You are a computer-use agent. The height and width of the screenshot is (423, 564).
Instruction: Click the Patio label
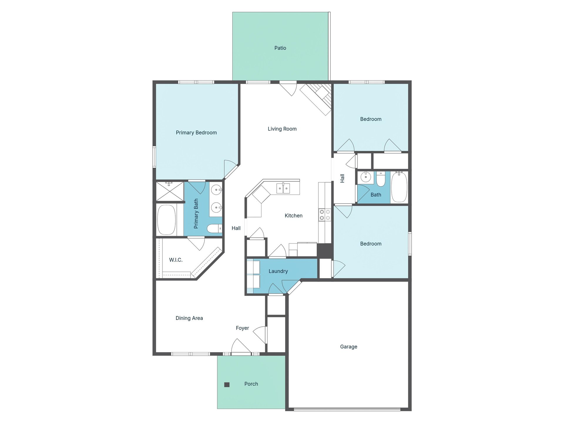coord(280,48)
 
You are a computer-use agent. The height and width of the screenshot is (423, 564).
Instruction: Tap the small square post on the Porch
coord(227,385)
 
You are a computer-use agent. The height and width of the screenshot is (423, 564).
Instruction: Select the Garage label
coord(348,347)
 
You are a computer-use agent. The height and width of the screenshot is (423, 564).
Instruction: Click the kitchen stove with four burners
coord(325,214)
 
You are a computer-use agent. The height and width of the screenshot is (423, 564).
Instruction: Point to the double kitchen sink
coord(283,188)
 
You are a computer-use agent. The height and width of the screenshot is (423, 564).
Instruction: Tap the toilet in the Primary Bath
coord(214,228)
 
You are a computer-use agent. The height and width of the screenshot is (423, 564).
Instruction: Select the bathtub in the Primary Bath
coord(167,219)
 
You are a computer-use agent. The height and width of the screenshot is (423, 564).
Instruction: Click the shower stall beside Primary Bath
coord(169,192)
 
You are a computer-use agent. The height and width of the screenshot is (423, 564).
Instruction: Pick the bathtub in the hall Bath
coord(399,187)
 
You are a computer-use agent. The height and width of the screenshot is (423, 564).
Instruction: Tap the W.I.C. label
coord(176,260)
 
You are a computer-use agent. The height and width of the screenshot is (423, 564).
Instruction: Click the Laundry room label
coord(278,271)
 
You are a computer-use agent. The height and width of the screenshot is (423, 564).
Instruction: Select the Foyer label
coord(242,328)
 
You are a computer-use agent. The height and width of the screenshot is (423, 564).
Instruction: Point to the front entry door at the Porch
coord(241,350)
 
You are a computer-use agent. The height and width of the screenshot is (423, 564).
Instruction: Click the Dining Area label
coord(189,318)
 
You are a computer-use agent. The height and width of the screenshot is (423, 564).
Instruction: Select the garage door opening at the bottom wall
coord(347,409)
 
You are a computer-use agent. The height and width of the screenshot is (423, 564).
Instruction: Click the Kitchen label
coord(293,216)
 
